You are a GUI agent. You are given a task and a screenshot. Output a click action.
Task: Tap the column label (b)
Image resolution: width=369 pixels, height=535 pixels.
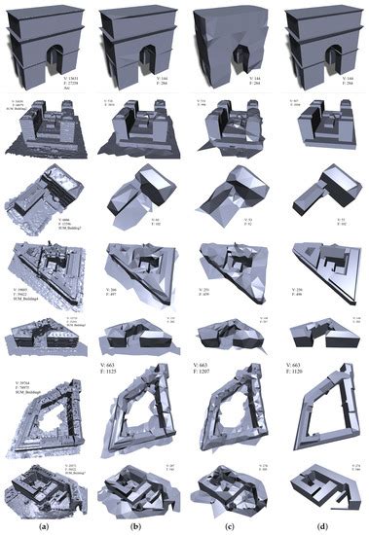point(133,527)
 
